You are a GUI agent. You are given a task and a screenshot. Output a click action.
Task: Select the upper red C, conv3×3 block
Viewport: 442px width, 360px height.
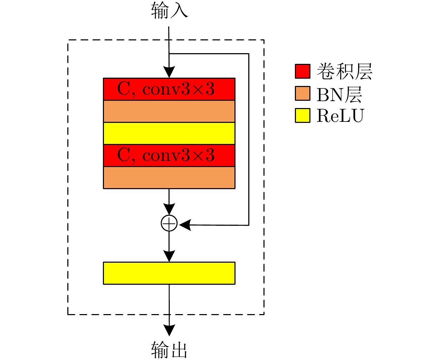(169, 89)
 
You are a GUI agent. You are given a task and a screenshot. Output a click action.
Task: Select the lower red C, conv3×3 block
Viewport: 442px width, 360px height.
(169, 155)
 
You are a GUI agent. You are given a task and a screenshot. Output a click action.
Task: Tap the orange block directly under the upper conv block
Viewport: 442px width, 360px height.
(169, 111)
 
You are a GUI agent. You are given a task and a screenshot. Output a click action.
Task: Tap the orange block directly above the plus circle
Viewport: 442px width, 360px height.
(169, 177)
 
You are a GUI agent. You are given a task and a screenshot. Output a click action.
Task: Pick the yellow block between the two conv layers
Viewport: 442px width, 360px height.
(169, 133)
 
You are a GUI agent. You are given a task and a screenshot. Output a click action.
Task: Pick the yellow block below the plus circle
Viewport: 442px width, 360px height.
(169, 273)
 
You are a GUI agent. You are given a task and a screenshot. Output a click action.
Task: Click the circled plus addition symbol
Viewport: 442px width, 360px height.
(169, 224)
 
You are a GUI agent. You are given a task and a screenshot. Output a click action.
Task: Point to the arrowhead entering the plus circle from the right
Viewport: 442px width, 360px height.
(185, 225)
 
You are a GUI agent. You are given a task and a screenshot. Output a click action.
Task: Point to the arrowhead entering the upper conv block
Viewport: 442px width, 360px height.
(169, 73)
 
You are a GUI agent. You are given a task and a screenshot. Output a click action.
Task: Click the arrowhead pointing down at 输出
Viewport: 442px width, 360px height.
(169, 330)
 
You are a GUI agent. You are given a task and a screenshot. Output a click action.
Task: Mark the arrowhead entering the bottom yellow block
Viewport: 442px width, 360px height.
(169, 256)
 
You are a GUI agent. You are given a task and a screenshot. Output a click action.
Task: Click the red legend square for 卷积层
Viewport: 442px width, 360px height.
(302, 71)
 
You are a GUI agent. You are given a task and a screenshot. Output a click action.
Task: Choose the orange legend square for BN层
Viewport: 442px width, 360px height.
(302, 93)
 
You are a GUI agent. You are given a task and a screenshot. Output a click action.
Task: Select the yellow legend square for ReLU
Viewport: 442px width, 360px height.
(302, 115)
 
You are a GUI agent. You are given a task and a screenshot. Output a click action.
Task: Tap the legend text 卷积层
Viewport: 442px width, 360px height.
(344, 71)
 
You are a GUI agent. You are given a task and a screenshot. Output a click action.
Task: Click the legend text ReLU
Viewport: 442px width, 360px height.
(340, 116)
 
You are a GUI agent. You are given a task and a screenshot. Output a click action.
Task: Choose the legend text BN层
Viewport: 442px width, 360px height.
(339, 94)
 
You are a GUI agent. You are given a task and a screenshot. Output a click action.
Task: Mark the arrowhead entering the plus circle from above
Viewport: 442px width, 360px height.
(169, 209)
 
